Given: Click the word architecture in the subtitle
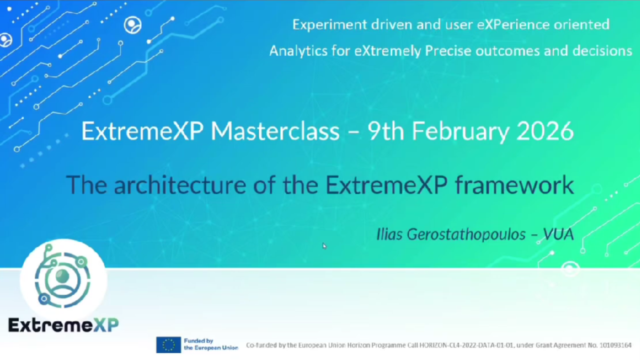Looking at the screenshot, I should [x=180, y=185].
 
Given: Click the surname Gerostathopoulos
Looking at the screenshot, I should [x=465, y=234].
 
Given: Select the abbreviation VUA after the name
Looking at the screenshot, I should [x=558, y=234].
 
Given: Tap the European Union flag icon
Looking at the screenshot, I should [x=168, y=345].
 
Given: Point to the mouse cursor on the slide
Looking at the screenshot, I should [x=324, y=245].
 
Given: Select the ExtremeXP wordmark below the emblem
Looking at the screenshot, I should [x=63, y=325].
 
